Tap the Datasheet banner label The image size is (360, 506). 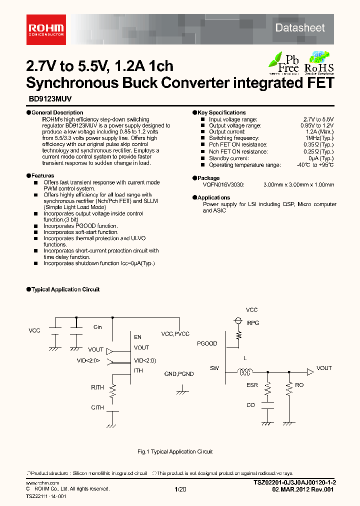[x=300, y=28]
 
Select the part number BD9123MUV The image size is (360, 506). [x=46, y=99]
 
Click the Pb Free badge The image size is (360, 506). [x=284, y=63]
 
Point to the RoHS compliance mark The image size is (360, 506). [x=319, y=63]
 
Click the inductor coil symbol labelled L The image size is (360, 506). [x=245, y=371]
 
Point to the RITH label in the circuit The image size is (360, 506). [x=97, y=387]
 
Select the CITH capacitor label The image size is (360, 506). [x=97, y=407]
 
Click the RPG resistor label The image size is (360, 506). [x=253, y=323]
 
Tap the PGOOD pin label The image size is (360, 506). [x=207, y=344]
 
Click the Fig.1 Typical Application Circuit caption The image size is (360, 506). [x=175, y=451]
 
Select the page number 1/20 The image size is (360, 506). [x=179, y=489]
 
